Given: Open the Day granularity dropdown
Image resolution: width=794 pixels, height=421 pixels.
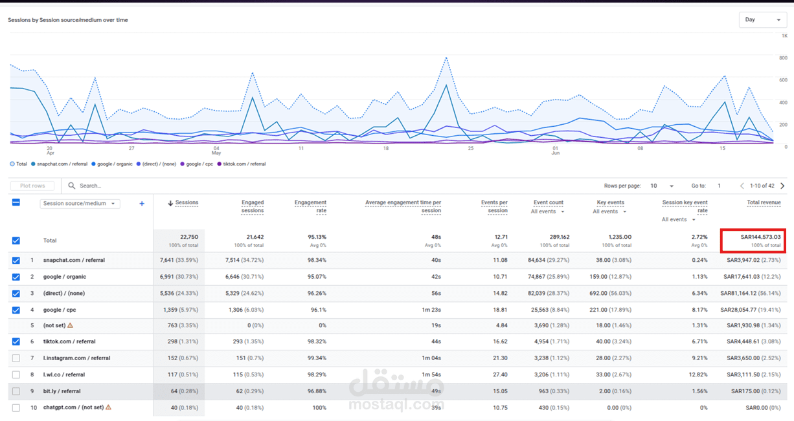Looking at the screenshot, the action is (x=762, y=20).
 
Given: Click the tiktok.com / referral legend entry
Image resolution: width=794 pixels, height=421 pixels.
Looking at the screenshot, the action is (x=242, y=164).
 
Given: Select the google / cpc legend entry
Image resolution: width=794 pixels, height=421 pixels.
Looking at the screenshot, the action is (x=197, y=164).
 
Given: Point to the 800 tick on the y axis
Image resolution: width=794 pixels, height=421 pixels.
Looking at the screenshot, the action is (x=783, y=58).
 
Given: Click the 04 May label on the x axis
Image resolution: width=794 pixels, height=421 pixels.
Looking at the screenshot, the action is (x=216, y=151).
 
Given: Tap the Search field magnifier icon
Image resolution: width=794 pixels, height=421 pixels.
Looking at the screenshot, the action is (x=72, y=186).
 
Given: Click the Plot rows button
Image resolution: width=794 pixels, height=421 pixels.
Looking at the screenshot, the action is (x=32, y=186).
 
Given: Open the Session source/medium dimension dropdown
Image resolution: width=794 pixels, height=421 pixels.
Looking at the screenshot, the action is (x=80, y=204).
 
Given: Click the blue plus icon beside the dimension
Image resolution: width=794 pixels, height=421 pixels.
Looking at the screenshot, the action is (x=142, y=204).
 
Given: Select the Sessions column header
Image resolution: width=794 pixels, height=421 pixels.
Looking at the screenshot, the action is (x=187, y=202).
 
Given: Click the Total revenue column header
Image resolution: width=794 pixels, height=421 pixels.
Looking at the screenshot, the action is (x=764, y=202).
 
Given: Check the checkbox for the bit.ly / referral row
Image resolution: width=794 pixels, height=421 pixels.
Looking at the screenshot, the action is (x=16, y=391).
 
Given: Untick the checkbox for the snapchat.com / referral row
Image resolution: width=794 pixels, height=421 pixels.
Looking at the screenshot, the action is (x=16, y=260).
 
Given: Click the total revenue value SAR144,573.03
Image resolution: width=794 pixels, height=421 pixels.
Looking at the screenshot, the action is (x=760, y=237).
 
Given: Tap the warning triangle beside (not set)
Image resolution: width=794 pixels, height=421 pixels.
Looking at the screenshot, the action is (x=70, y=325).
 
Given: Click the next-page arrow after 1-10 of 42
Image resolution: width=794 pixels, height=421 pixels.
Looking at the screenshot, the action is (x=782, y=186).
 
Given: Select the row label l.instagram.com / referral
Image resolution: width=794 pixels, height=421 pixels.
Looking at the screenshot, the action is (x=76, y=358).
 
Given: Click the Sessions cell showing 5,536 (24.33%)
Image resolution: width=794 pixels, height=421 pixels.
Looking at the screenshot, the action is (x=179, y=293).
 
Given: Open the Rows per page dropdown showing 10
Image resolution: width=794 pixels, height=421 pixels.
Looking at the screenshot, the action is (x=661, y=186).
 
